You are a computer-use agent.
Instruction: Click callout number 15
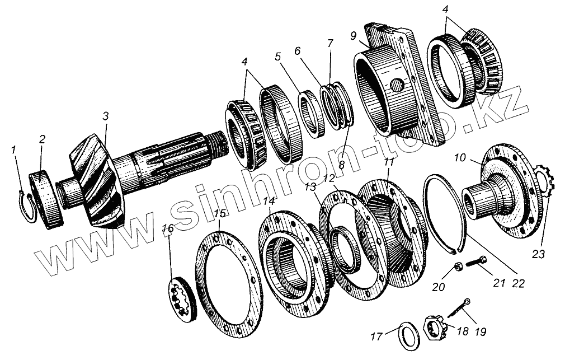220,214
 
